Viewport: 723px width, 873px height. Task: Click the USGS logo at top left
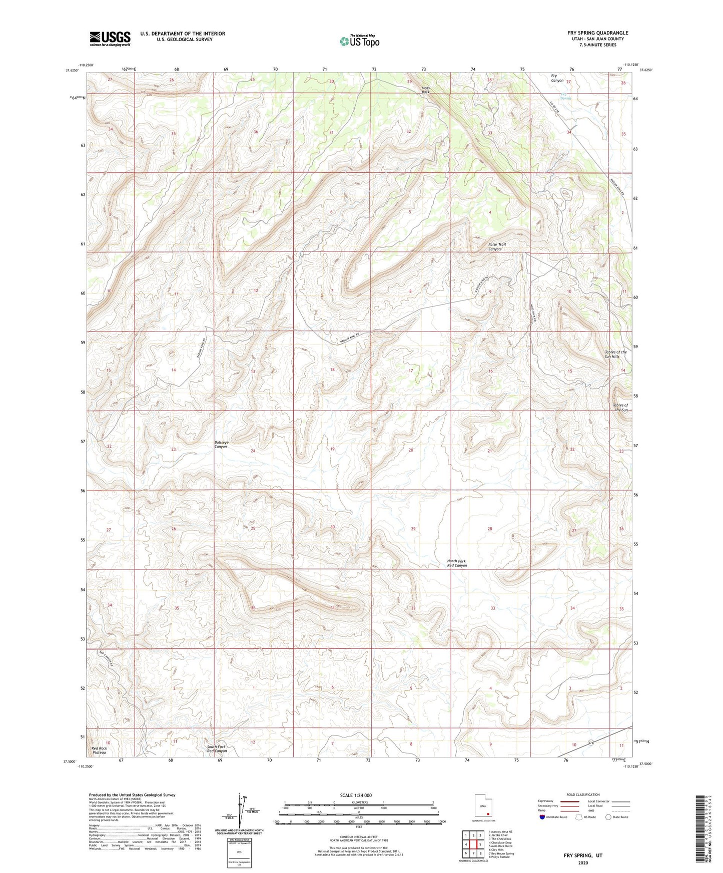pyautogui.click(x=110, y=38)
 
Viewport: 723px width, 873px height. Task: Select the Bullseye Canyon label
pyautogui.click(x=221, y=444)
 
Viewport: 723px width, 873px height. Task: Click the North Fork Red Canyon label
pyautogui.click(x=456, y=563)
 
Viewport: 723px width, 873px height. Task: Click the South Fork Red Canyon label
pyautogui.click(x=217, y=748)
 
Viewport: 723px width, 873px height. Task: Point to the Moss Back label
pyautogui.click(x=425, y=90)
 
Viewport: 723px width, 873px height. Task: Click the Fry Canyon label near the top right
pyautogui.click(x=557, y=78)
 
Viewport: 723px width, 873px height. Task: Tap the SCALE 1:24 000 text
pyautogui.click(x=356, y=795)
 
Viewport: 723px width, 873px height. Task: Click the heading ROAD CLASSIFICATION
pyautogui.click(x=583, y=794)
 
